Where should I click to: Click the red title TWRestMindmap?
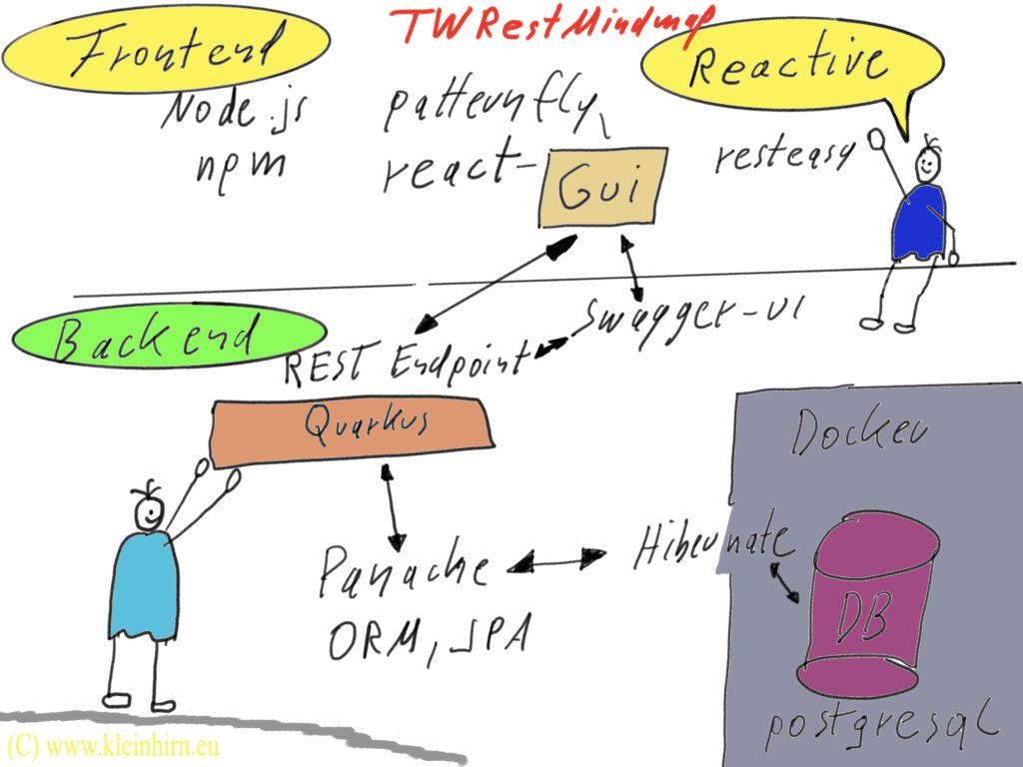tap(544, 24)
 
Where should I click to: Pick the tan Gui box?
tap(598, 191)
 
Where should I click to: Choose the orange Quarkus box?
tap(353, 430)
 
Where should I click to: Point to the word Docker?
tap(859, 433)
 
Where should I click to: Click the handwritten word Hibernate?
tap(713, 545)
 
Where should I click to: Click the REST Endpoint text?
tap(405, 366)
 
